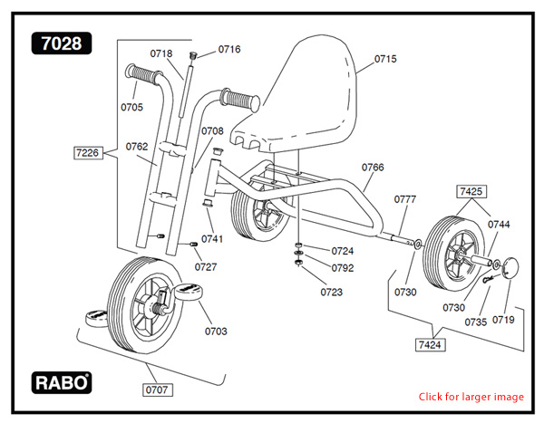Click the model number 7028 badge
[x=61, y=43]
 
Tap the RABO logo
[x=62, y=382]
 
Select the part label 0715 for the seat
[x=385, y=60]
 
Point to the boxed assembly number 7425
[x=471, y=192]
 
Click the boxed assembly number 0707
[x=160, y=389]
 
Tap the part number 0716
[x=229, y=49]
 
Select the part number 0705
[x=131, y=107]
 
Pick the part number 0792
[x=343, y=268]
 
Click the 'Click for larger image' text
[x=471, y=397]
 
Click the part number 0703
[x=216, y=331]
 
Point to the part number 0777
[x=405, y=199]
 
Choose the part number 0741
[x=212, y=239]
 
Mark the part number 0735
[x=475, y=322]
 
